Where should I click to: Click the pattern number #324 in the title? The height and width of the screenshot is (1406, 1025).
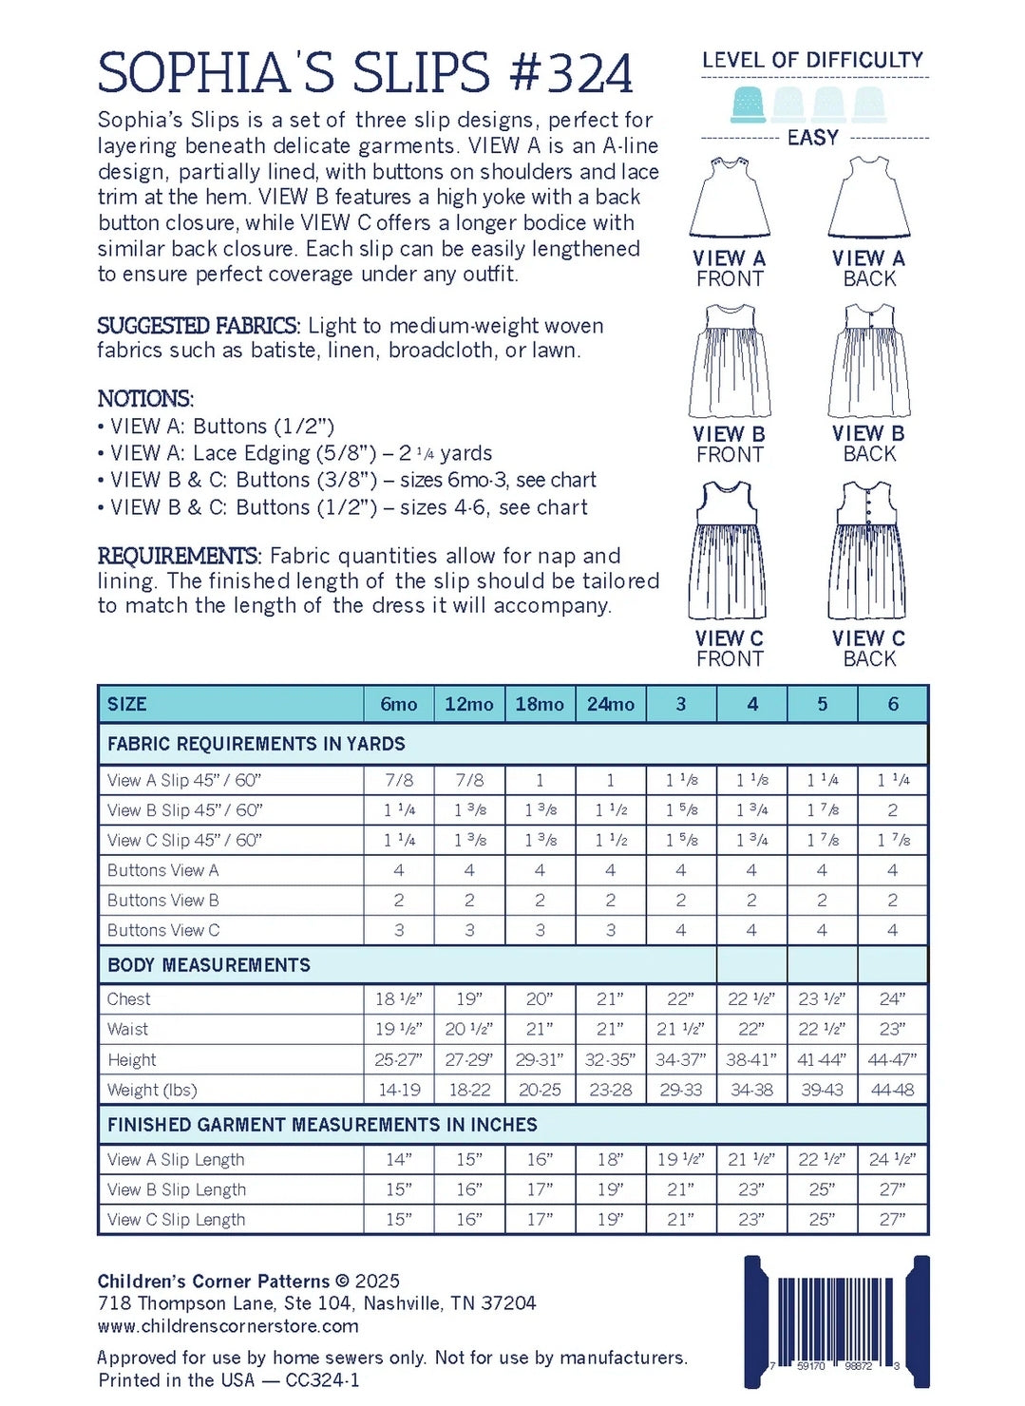click(x=571, y=73)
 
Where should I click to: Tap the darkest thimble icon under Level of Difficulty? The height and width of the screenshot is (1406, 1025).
click(x=749, y=104)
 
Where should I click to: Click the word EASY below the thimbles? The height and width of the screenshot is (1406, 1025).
click(x=812, y=138)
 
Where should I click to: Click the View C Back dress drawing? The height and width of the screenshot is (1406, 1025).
click(x=867, y=551)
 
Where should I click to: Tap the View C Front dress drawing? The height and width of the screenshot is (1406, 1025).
click(x=728, y=551)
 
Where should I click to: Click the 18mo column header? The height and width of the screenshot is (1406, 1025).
click(x=540, y=704)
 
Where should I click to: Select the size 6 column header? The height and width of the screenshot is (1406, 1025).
click(x=893, y=704)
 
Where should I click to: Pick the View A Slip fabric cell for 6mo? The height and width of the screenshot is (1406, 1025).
click(x=399, y=780)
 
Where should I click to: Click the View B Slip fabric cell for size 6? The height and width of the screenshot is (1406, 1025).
click(x=893, y=810)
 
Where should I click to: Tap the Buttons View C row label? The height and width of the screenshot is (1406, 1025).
click(x=163, y=930)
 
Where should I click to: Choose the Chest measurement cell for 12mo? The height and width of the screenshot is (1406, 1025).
click(x=469, y=998)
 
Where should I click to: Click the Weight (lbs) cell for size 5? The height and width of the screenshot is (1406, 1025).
click(x=822, y=1090)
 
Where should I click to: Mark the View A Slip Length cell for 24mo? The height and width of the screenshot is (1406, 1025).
click(x=610, y=1159)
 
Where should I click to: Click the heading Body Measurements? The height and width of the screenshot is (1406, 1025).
click(x=209, y=965)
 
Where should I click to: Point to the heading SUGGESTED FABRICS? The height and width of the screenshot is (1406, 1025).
click(x=199, y=326)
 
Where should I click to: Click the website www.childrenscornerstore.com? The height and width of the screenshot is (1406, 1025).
click(x=228, y=1326)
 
